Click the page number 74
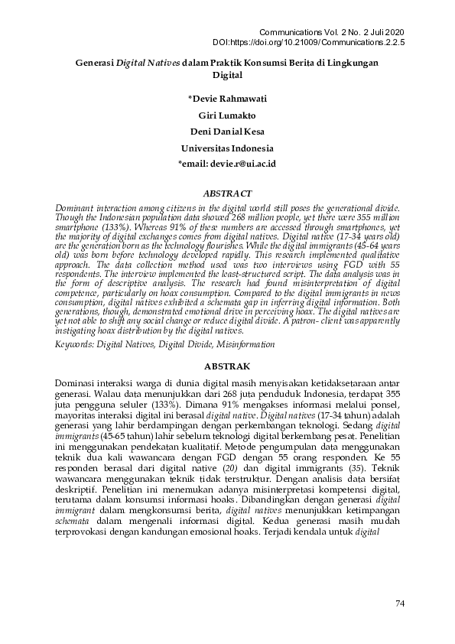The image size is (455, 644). tap(398, 604)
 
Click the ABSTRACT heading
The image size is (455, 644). tap(227, 194)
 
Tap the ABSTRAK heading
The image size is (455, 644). tap(227, 367)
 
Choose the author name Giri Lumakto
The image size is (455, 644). tap(227, 115)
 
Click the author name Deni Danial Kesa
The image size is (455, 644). tap(227, 131)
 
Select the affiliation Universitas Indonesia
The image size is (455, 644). tap(227, 148)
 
